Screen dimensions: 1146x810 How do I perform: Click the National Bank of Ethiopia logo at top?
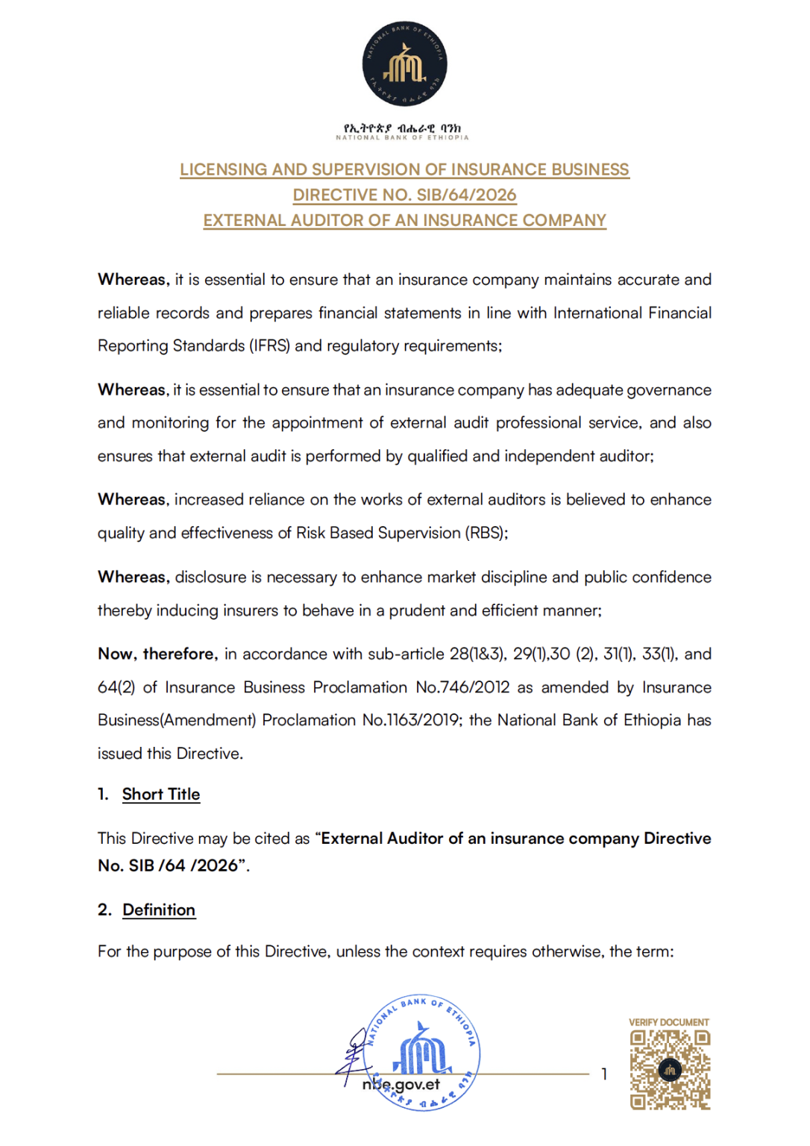(404, 63)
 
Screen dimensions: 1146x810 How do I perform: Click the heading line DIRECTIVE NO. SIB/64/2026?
(404, 195)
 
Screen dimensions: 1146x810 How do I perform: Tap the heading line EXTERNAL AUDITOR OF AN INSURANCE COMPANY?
(404, 220)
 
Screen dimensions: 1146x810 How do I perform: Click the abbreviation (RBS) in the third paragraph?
(486, 533)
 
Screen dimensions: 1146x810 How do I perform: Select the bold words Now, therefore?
(157, 654)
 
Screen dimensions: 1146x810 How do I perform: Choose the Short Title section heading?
(161, 795)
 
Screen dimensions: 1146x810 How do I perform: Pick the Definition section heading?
(159, 910)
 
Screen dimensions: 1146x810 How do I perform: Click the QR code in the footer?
(670, 1070)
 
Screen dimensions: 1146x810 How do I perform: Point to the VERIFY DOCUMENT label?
(669, 1022)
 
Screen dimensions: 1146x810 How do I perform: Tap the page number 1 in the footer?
(604, 1074)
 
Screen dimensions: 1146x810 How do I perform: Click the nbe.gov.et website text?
(401, 1085)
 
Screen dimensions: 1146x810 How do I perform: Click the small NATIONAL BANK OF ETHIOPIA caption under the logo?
(402, 137)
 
